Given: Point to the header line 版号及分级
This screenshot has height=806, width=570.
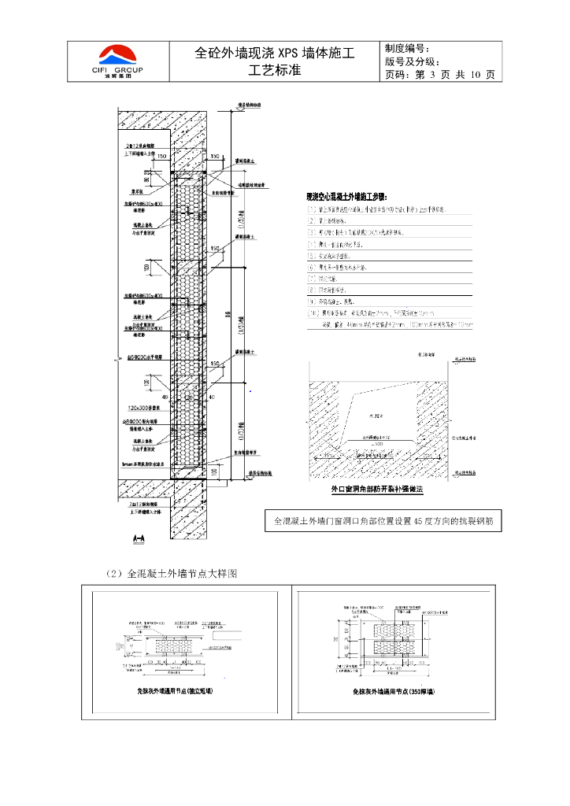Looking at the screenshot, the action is point(417,61).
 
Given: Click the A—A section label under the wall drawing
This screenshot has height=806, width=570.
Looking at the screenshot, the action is point(140,538).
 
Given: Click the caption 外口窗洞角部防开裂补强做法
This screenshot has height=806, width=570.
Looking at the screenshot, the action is point(376,490).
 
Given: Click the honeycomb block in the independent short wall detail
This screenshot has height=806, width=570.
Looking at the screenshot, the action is point(181,644).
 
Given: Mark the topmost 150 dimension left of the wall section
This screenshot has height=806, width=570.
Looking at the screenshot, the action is point(161,157).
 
